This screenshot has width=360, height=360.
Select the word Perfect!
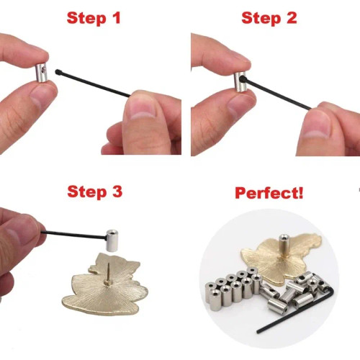tap(270, 193)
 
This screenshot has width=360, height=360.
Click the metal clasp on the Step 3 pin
tap(113, 239)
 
